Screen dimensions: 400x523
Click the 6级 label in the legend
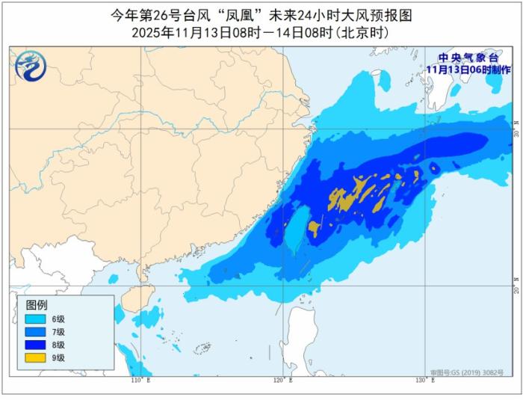pyautogui.click(x=58, y=318)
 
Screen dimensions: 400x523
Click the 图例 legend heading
pyautogui.click(x=37, y=305)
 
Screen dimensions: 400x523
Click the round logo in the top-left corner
pyautogui.click(x=31, y=67)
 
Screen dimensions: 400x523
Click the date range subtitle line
pyautogui.click(x=261, y=33)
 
